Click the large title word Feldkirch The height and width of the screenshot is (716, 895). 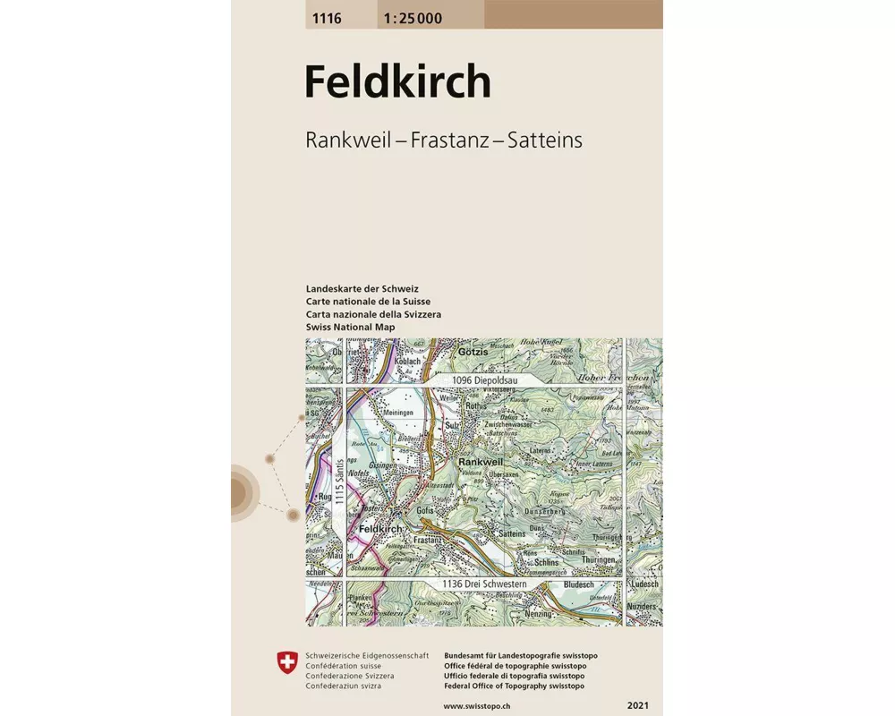[x=397, y=82]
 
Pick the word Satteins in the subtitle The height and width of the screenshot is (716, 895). [x=545, y=141]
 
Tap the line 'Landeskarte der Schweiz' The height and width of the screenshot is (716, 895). [x=362, y=289]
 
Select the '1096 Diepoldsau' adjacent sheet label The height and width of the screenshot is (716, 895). [x=483, y=380]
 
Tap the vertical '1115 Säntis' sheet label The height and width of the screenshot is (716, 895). [x=339, y=483]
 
